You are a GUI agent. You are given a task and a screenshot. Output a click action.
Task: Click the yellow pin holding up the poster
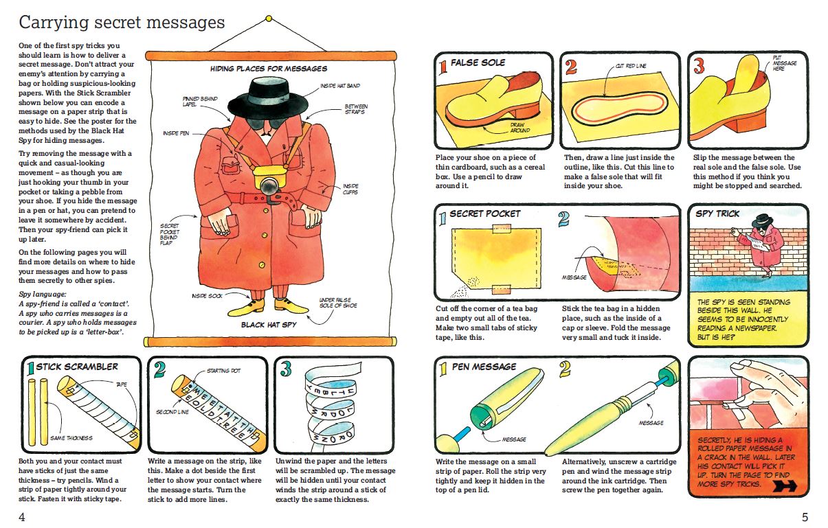[269, 19]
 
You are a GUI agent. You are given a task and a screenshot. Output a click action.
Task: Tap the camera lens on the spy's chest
[269, 186]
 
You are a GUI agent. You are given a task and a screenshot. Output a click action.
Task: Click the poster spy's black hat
[268, 98]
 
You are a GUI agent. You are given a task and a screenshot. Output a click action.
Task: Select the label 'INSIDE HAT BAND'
[340, 86]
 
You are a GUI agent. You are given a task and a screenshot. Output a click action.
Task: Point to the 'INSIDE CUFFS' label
[350, 189]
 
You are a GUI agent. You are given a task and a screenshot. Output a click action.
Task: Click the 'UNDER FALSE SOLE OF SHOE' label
[338, 303]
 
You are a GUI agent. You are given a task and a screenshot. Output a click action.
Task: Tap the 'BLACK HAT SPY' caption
[269, 325]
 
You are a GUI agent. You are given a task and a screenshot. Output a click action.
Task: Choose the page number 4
[22, 517]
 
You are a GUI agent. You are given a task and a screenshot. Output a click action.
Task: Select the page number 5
[805, 517]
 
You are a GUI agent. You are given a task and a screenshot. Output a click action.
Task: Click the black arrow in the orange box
[785, 486]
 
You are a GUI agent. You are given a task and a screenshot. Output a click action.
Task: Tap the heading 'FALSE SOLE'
[478, 62]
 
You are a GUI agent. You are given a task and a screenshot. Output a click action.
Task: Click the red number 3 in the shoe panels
[699, 67]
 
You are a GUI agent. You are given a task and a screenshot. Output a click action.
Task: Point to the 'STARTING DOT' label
[223, 371]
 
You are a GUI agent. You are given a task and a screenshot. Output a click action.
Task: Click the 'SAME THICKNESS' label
[71, 438]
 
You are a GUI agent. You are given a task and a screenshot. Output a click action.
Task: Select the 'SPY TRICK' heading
[717, 214]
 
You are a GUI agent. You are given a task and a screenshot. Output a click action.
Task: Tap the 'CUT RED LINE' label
[631, 66]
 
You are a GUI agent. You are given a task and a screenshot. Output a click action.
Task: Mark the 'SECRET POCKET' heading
[485, 214]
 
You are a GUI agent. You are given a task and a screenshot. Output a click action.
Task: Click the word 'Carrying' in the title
[54, 23]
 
